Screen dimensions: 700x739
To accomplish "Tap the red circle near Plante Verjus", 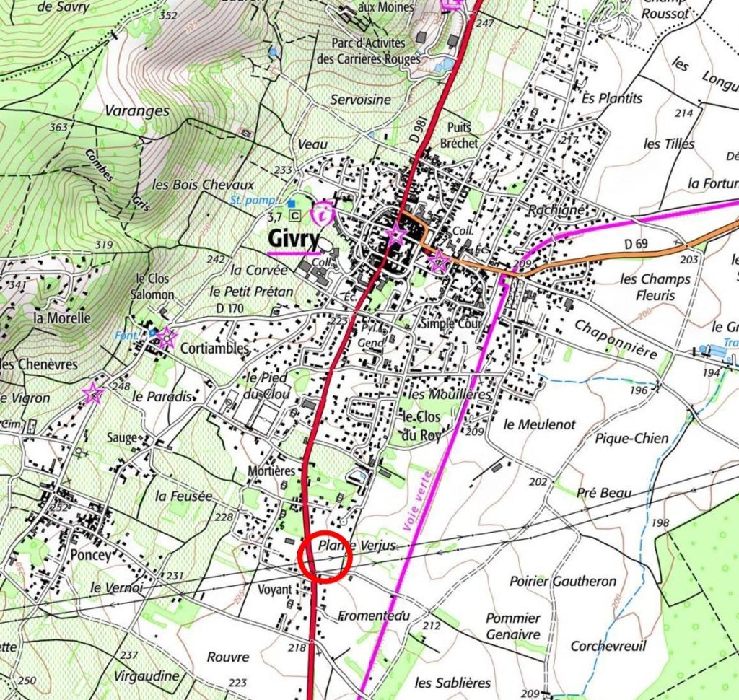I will [325, 556].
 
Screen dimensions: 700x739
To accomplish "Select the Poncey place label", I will [92, 556].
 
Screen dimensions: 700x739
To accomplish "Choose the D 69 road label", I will [637, 245].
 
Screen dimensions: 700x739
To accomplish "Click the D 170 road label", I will [230, 309].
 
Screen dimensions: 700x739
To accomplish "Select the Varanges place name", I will [137, 111].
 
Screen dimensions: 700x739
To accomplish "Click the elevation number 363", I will [58, 128].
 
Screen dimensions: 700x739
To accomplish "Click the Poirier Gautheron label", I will [563, 581].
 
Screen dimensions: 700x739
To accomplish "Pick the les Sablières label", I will [453, 682].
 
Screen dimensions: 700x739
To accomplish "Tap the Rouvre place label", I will [228, 657].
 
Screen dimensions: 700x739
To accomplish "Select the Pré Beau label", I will [604, 493].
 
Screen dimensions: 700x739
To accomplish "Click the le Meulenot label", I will [540, 424].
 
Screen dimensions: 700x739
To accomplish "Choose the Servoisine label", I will [361, 100].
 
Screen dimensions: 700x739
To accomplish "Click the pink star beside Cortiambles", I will [167, 336].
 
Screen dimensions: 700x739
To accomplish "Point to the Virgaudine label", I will [147, 676].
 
